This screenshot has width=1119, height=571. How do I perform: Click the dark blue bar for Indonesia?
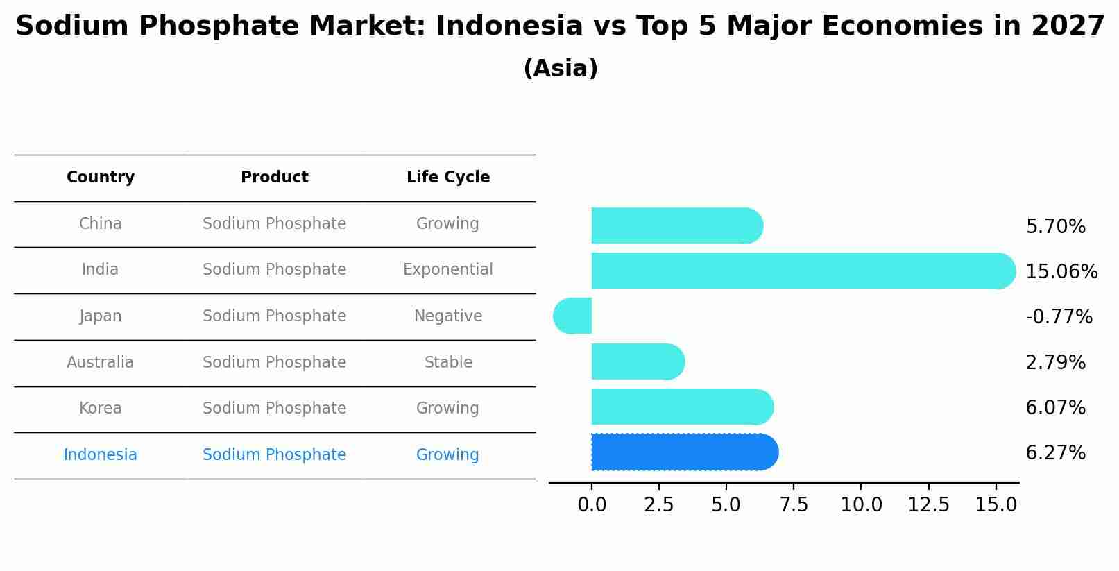tap(683, 452)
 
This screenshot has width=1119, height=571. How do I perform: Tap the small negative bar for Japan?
tap(573, 316)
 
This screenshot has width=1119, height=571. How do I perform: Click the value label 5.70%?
tap(1055, 227)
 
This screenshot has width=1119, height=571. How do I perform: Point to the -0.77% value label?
tap(1059, 317)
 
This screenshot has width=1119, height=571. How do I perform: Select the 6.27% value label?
tap(1055, 453)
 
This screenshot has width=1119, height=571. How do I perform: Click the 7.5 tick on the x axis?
tap(794, 505)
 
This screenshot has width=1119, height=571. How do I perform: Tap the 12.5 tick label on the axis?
tap(928, 505)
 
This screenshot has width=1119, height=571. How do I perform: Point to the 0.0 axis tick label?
tap(592, 505)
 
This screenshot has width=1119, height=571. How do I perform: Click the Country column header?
tap(101, 178)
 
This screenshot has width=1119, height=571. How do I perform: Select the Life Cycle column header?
tap(448, 178)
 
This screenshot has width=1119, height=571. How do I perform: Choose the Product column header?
tap(275, 178)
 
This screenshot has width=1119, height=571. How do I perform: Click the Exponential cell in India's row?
tap(448, 270)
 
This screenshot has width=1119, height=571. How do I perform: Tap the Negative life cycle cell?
tap(448, 316)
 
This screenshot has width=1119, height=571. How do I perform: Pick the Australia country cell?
tap(101, 362)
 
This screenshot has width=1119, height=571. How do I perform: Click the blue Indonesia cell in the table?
tap(101, 455)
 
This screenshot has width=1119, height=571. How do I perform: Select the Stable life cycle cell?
tap(448, 362)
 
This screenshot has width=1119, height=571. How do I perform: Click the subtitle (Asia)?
tap(561, 69)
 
